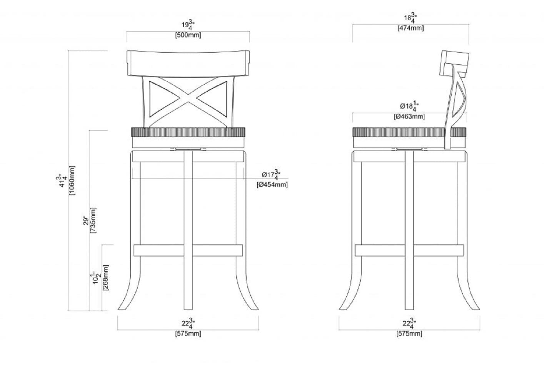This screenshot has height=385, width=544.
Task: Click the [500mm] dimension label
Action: point(188,35)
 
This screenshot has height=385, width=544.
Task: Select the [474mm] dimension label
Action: point(411,28)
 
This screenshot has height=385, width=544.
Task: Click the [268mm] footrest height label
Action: point(106,277)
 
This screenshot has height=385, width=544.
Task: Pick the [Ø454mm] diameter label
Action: point(272,184)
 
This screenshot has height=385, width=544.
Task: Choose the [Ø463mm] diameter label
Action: point(409,116)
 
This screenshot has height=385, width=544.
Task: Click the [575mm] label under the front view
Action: point(188,333)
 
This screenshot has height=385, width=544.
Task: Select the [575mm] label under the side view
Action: point(409,333)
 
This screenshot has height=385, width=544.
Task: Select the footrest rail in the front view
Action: point(162,250)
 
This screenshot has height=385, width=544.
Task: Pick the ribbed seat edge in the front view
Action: point(188,132)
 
